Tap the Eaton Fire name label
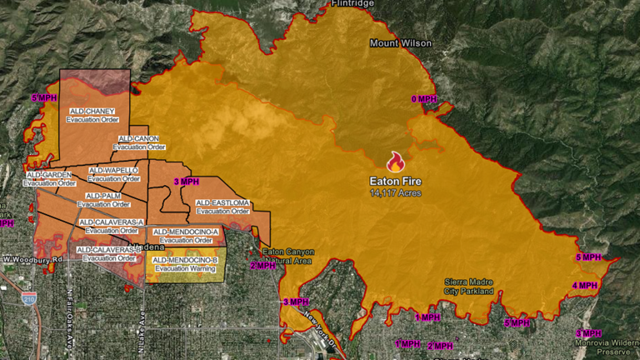[x=396, y=180]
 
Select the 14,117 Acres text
[x=396, y=192]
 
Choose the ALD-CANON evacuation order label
[x=137, y=142]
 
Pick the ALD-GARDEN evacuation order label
[x=52, y=178]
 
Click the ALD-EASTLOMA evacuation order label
[x=222, y=207]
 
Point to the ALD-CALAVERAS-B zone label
[x=107, y=253]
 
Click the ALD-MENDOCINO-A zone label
[x=186, y=236]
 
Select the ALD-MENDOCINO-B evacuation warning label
[x=186, y=264]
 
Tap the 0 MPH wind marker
[x=423, y=99]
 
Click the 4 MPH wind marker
[x=585, y=286]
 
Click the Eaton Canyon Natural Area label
[x=286, y=256]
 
